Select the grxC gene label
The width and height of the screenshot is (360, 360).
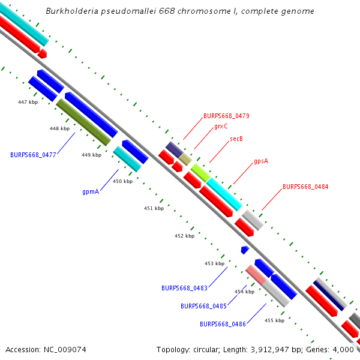(x=221, y=127)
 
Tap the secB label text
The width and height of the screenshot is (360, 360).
(x=236, y=139)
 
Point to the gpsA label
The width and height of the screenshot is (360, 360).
(x=260, y=161)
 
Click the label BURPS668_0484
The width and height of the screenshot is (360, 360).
(x=305, y=187)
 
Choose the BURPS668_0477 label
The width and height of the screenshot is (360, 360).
(x=33, y=155)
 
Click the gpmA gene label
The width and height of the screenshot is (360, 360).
(x=91, y=192)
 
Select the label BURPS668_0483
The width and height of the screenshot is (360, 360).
(x=184, y=288)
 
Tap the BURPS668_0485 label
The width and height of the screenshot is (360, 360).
(x=203, y=306)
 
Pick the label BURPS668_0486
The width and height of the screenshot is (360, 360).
(x=223, y=324)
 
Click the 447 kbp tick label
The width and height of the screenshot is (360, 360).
(x=28, y=103)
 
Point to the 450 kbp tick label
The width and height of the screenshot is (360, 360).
(x=122, y=181)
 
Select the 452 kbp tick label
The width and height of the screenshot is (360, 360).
(x=184, y=236)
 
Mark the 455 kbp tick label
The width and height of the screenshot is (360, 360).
(x=274, y=320)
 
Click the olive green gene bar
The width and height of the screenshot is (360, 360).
(x=83, y=122)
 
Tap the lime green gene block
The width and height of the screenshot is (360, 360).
(x=200, y=172)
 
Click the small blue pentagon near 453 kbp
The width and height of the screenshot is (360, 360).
(x=245, y=249)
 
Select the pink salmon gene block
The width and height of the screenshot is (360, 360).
(x=257, y=274)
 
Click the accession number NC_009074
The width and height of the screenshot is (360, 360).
(x=64, y=349)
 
